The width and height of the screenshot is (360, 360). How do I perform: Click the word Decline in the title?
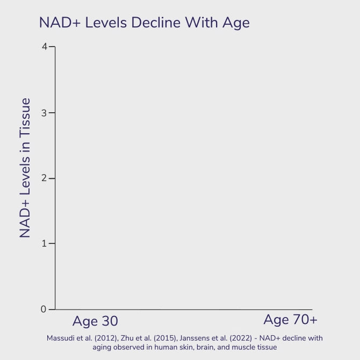[156, 23]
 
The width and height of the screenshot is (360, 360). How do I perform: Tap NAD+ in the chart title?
[60, 23]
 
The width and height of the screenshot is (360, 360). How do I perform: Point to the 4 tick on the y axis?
[44, 47]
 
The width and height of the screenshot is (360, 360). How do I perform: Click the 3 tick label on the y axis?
[44, 113]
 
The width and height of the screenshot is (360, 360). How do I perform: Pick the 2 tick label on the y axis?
[44, 178]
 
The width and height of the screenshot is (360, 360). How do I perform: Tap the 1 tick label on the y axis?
[44, 243]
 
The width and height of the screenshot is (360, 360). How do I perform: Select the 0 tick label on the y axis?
[44, 309]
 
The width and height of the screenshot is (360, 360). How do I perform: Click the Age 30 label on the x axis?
[95, 321]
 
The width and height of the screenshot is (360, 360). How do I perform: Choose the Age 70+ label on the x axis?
[291, 320]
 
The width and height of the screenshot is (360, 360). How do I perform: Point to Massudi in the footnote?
[58, 338]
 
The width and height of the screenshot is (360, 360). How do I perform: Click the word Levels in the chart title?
[106, 23]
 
